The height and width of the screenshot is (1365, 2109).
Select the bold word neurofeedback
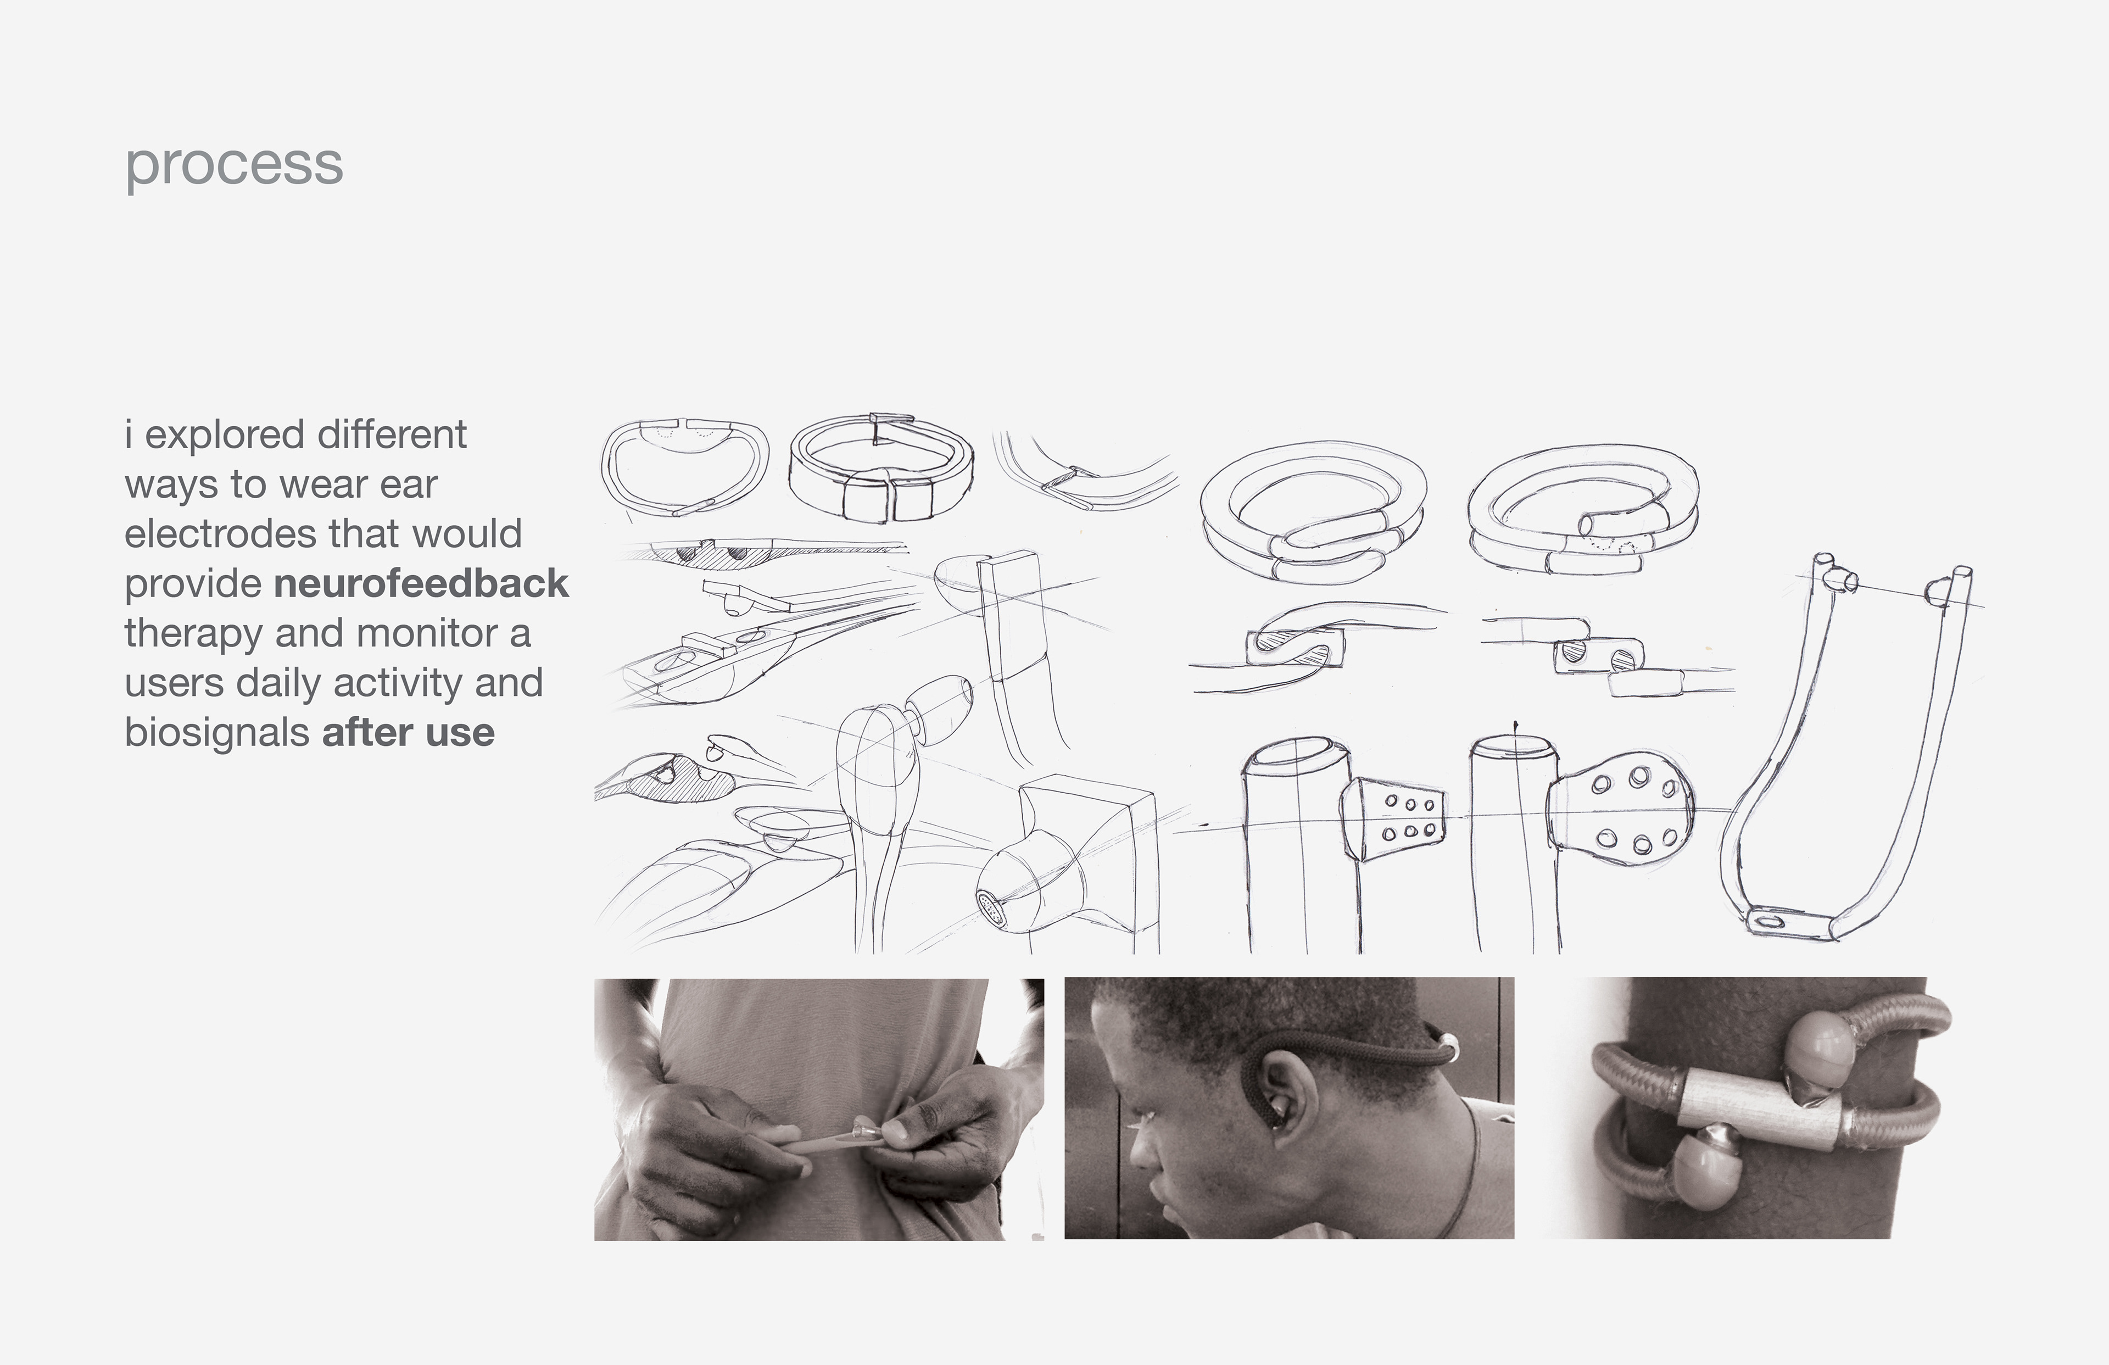421,584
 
